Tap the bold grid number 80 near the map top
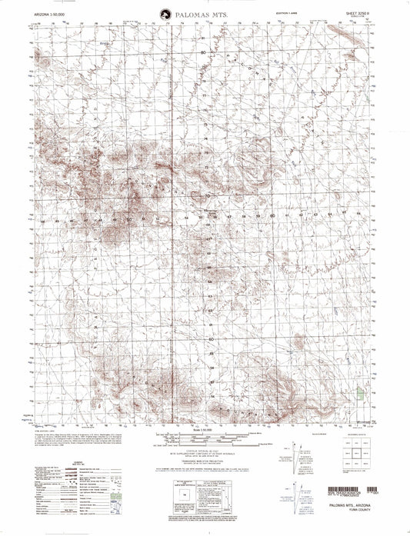(204, 52)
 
